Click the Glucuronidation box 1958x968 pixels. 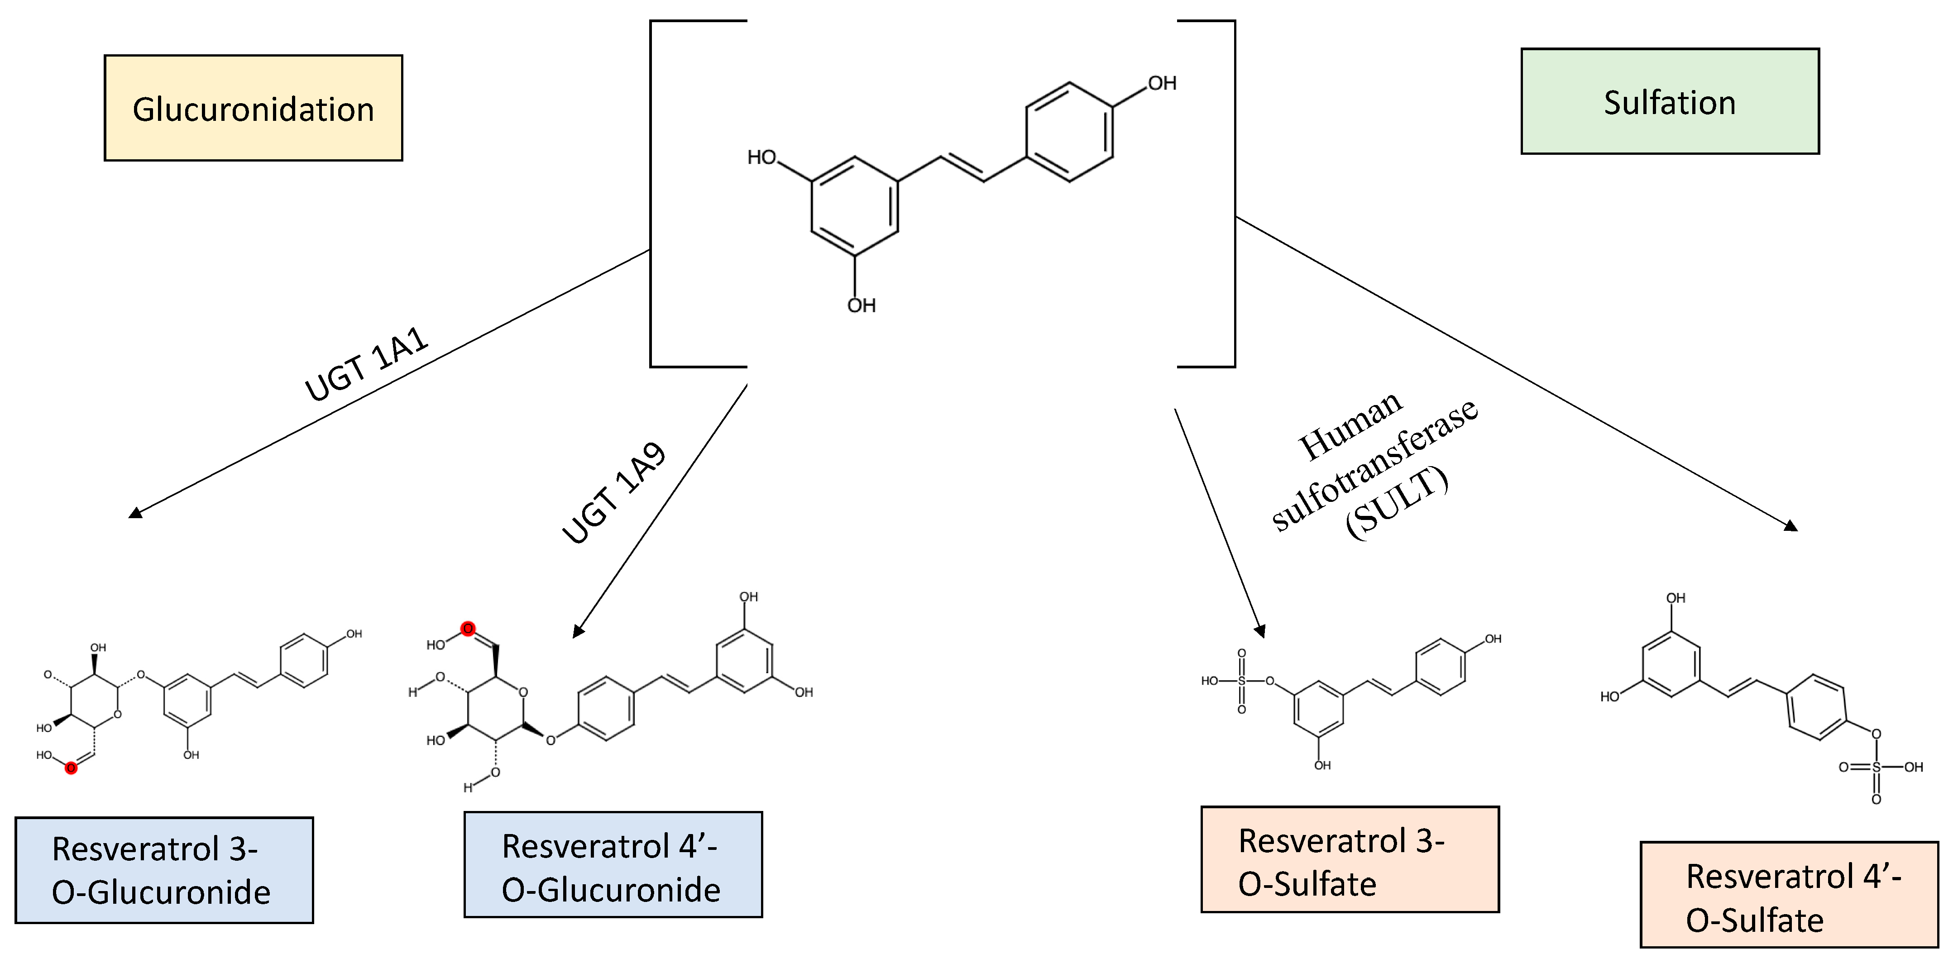coord(253,108)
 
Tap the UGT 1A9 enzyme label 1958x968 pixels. coord(614,493)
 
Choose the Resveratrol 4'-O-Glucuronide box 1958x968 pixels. coord(613,865)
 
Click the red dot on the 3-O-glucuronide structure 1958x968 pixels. coord(71,768)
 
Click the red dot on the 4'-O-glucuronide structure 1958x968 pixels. coord(468,629)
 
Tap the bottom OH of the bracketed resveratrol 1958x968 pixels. coord(861,305)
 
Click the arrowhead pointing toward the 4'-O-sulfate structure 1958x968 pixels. coord(1791,526)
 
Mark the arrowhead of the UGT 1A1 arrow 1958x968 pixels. coord(135,513)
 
